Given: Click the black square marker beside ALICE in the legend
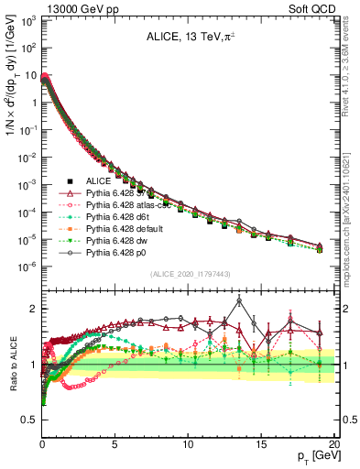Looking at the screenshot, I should click(65, 183).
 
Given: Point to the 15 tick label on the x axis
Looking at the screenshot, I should click(260, 442).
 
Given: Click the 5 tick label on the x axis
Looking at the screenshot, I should click(115, 442).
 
